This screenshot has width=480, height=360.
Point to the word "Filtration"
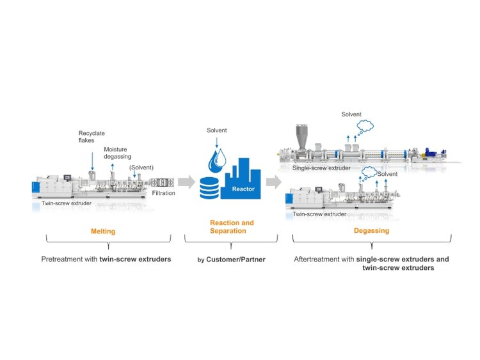tap(163, 192)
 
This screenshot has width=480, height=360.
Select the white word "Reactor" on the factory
tap(243, 189)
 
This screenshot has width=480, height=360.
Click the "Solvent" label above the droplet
tap(216, 130)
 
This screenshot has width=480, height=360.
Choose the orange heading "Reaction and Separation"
tap(232, 226)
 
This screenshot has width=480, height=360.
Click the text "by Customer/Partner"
tap(232, 260)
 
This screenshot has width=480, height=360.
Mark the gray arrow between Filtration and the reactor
tap(186, 182)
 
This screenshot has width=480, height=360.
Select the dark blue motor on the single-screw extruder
tap(440, 154)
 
